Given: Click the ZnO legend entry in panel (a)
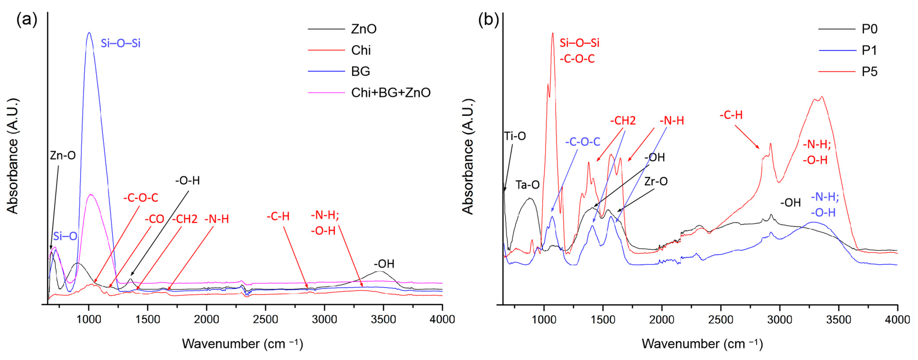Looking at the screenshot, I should pos(363,29).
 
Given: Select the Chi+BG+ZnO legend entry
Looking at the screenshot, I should pos(391,93).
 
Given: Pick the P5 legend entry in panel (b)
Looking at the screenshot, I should pos(869,72).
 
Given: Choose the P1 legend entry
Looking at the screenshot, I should pos(869,51).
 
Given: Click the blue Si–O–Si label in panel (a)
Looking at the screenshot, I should pos(121,43).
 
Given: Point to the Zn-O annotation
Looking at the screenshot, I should pos(63,155).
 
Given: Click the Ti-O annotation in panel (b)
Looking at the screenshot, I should pos(515,136).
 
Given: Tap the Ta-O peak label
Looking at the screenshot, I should pos(527,185).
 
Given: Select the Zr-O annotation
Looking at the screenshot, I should pos(656,181).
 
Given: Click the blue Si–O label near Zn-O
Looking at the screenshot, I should pos(65,236).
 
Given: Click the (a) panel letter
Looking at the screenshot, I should pos(27,20).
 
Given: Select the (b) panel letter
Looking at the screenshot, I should pos(488,20).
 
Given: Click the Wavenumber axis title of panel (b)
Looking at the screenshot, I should pos(702,344).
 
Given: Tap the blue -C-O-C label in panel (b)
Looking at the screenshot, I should pos(583,142).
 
